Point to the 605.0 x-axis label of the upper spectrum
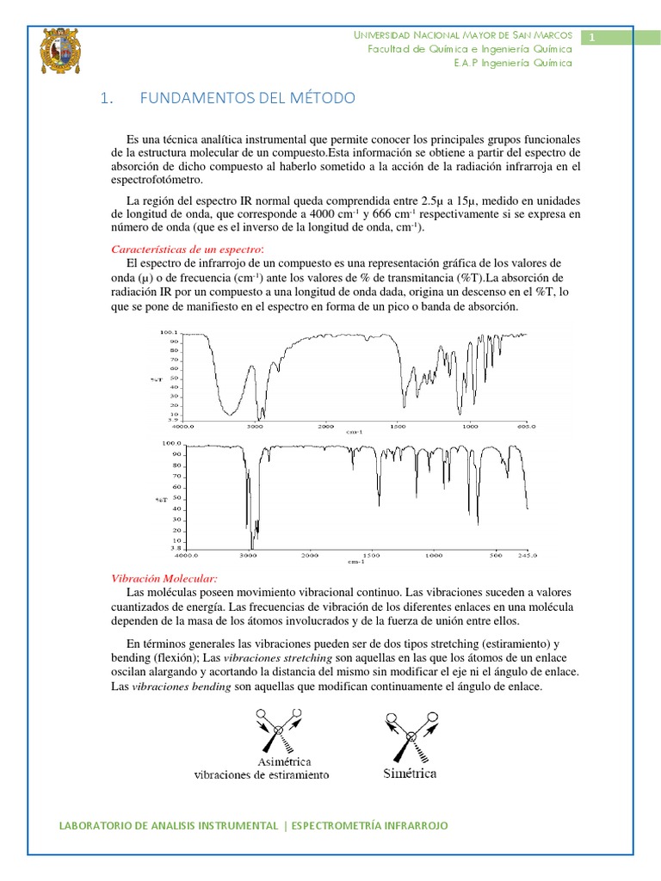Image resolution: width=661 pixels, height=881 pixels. [x=525, y=425]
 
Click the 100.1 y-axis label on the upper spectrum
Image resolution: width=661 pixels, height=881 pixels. [x=168, y=332]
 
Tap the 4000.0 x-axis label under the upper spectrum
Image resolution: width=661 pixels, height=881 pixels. [x=183, y=425]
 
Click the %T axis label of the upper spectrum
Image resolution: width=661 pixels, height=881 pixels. [x=155, y=379]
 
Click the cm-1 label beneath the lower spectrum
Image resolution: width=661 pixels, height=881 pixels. [x=355, y=562]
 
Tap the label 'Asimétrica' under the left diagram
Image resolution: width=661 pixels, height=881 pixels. [x=284, y=761]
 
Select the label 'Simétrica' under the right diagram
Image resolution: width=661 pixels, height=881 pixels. [x=410, y=773]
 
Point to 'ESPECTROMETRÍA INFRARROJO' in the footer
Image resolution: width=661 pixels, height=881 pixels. [x=370, y=826]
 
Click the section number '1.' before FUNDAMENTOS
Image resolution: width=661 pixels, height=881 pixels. [x=107, y=99]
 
